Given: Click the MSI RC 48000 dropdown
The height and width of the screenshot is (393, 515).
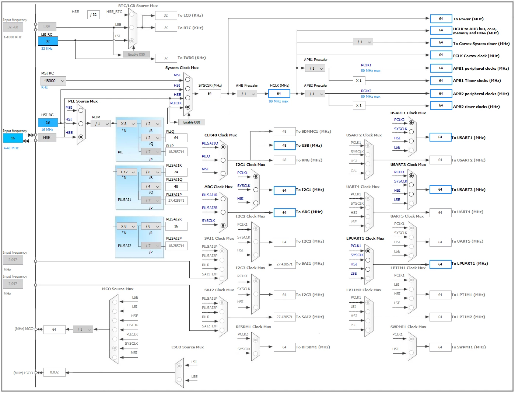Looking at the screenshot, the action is [53, 81].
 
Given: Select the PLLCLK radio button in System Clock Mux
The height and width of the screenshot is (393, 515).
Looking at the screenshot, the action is [188, 107].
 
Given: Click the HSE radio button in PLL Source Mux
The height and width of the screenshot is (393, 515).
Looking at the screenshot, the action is [81, 137].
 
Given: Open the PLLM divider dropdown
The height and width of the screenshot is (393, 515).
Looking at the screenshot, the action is [101, 124].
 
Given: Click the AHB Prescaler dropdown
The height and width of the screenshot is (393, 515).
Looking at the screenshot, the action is [246, 94].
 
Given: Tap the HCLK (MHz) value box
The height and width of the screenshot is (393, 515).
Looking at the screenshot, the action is [279, 94].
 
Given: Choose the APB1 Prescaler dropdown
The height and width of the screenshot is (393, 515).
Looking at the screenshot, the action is [315, 68].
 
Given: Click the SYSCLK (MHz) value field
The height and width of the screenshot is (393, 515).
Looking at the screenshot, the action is [210, 94].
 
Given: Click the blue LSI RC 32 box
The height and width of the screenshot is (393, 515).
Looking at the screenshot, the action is [48, 41].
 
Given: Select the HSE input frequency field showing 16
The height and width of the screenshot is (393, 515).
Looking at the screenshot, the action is [13, 138].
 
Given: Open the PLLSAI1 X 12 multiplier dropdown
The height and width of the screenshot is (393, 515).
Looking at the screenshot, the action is [127, 172].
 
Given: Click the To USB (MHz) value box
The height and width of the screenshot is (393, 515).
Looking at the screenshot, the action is [284, 146].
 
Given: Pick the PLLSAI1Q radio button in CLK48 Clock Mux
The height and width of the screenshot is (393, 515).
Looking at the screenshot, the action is [223, 147].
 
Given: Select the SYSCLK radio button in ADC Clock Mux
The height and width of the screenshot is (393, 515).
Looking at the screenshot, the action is [223, 225].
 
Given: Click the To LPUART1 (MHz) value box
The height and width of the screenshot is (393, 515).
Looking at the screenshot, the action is [440, 264].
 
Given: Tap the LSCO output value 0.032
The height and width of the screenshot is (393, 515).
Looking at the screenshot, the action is [55, 372].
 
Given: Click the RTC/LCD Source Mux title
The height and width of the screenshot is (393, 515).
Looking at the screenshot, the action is [138, 6].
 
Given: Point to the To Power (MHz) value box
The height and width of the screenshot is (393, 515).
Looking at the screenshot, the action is [441, 19].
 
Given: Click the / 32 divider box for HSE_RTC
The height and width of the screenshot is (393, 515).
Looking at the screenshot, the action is [93, 14].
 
